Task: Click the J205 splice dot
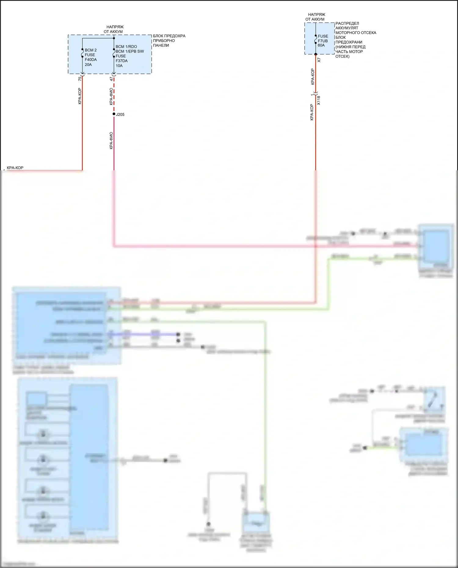click(x=114, y=114)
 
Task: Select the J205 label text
click(x=120, y=115)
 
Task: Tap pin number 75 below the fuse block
click(x=80, y=79)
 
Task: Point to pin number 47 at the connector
click(x=111, y=79)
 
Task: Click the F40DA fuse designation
click(x=91, y=60)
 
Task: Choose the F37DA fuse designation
click(x=122, y=61)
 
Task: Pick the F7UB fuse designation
click(x=323, y=41)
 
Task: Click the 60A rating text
click(x=321, y=45)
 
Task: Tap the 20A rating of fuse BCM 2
click(x=88, y=65)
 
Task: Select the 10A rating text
click(x=119, y=66)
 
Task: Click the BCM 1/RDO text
click(x=126, y=47)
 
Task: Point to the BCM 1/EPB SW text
click(x=130, y=51)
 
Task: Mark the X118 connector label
click(x=319, y=100)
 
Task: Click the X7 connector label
click(x=319, y=60)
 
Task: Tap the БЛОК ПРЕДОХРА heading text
click(x=169, y=36)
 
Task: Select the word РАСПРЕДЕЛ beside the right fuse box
click(x=347, y=24)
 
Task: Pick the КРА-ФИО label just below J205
click(x=111, y=140)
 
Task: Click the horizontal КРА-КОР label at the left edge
click(x=15, y=168)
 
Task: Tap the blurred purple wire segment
click(x=144, y=334)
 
